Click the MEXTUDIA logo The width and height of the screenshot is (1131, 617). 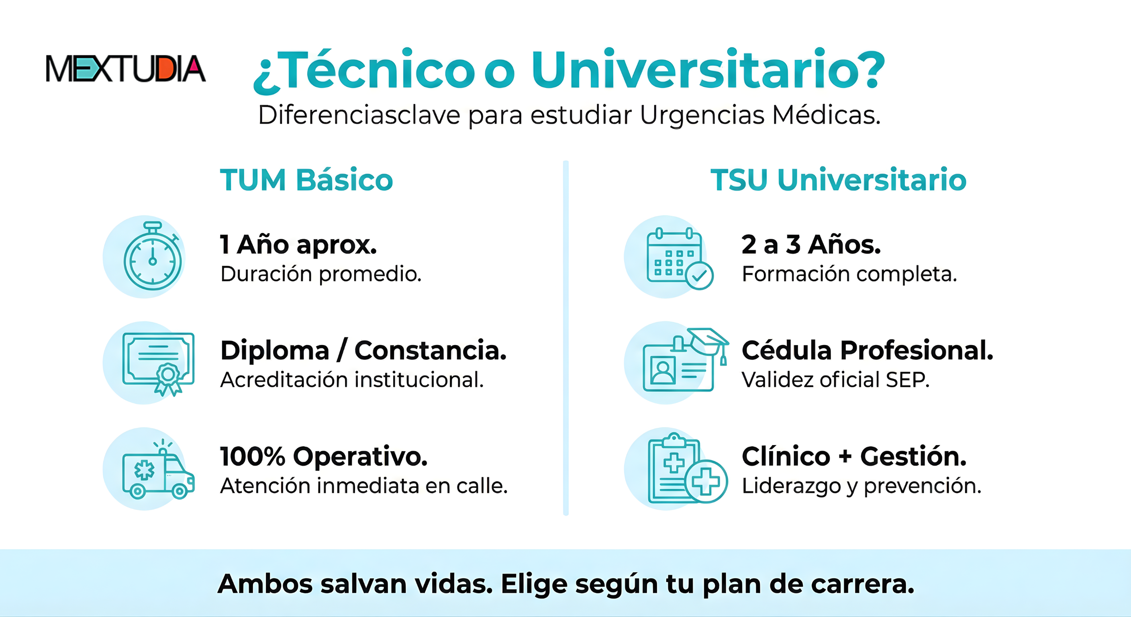pos(126,69)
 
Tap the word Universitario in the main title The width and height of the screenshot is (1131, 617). pos(708,70)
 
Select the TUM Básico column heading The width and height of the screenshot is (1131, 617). pos(306,180)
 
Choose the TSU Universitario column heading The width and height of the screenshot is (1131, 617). pos(839,180)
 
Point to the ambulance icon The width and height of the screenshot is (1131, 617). pos(159,469)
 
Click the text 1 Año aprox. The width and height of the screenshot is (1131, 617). pos(298,245)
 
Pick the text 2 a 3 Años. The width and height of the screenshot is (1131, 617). pos(811,245)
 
